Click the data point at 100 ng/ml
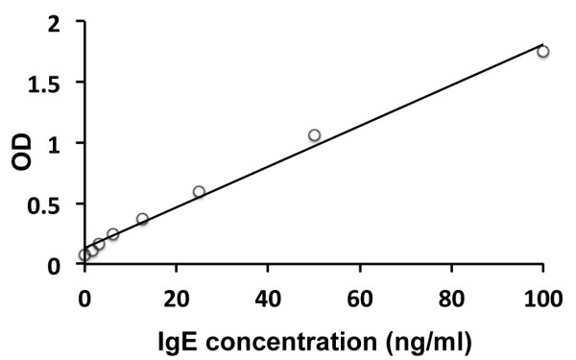543,52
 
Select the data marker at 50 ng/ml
314,135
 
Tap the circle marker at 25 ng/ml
199,192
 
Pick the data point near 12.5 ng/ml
142,219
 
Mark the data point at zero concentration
84,255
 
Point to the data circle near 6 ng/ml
112,234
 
